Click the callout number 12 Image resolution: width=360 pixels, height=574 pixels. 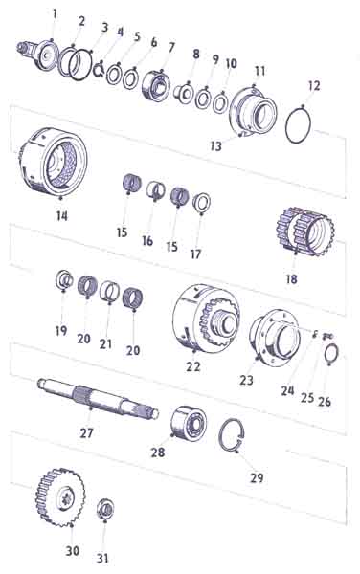[x=313, y=86]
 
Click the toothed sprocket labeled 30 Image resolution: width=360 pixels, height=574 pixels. [x=60, y=497]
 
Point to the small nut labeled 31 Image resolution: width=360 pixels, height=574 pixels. [x=105, y=509]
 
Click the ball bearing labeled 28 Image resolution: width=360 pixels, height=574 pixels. [x=189, y=423]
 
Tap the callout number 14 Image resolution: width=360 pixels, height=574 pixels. [x=62, y=216]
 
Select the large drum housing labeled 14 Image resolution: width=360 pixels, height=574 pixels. [x=53, y=161]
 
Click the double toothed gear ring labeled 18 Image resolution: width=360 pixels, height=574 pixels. [x=305, y=231]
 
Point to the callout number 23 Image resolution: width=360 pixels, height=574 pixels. [x=246, y=381]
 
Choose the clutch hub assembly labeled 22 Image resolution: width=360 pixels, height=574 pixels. [x=206, y=319]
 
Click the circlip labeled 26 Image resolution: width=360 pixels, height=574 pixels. [x=332, y=353]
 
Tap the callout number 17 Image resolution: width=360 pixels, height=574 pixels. [x=195, y=254]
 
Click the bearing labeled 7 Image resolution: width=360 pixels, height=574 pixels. [x=156, y=86]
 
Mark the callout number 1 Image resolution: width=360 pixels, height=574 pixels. [x=55, y=14]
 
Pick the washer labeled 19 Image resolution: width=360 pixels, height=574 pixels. [x=64, y=279]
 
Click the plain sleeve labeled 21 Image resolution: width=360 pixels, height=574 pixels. [x=109, y=291]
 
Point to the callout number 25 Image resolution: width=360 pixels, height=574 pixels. [x=307, y=398]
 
